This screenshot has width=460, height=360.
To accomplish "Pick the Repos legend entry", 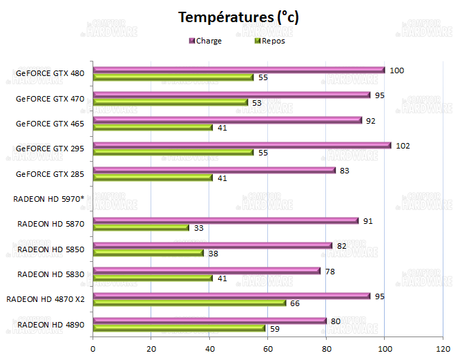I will pos(270,41).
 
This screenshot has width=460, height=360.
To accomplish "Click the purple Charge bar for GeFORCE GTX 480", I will pos(238,70).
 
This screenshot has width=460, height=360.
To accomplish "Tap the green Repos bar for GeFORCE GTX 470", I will pos(170,102).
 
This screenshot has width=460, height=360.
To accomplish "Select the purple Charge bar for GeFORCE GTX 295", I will pos(242,145).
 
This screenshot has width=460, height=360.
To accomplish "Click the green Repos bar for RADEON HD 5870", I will pos(141,227).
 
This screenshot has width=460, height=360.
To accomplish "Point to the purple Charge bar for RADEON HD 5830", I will pos(207,271).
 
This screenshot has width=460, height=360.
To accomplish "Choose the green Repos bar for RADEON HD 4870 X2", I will pos(189,303).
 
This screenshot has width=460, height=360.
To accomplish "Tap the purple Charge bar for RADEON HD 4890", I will pos(209,321).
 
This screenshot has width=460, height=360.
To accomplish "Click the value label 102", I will pos(403,145).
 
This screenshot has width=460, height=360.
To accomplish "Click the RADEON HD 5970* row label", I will pos(48,199).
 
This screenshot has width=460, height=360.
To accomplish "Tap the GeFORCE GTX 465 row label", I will pos(50,124).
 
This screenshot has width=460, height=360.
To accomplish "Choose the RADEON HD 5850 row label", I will pos(50,249).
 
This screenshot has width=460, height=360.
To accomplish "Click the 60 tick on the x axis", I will pos(267,348).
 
